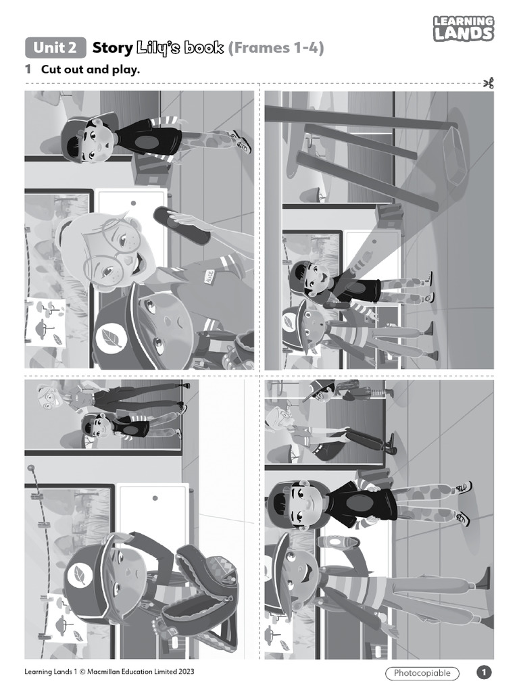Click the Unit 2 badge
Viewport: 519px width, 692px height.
pyautogui.click(x=56, y=47)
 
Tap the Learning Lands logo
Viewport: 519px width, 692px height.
pyautogui.click(x=464, y=29)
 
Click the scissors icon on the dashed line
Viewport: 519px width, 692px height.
pyautogui.click(x=489, y=84)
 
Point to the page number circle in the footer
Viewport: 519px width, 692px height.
pyautogui.click(x=484, y=672)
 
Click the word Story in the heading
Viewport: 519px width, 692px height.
pyautogui.click(x=112, y=48)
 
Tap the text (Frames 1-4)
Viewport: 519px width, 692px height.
pyautogui.click(x=276, y=48)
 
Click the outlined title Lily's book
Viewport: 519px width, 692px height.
pyautogui.click(x=180, y=48)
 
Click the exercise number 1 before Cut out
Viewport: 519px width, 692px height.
pyautogui.click(x=28, y=69)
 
